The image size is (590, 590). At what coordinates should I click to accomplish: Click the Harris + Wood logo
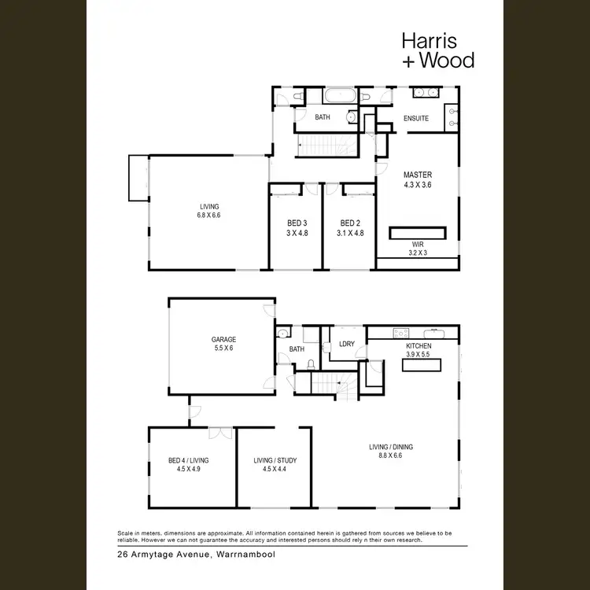tap(437, 49)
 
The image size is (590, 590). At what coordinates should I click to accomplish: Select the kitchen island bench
tap(422, 364)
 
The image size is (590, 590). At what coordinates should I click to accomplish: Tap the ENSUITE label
tap(416, 118)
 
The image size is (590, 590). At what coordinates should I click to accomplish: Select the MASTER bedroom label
tap(418, 175)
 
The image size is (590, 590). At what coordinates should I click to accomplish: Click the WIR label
tap(417, 245)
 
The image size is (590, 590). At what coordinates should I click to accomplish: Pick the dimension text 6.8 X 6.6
tap(209, 215)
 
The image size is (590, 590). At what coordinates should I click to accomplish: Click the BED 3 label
tap(297, 223)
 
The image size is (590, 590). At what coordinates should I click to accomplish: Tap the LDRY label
tap(346, 344)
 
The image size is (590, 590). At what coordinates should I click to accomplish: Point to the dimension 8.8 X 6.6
tap(391, 455)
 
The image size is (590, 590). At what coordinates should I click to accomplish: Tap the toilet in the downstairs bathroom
tap(312, 364)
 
